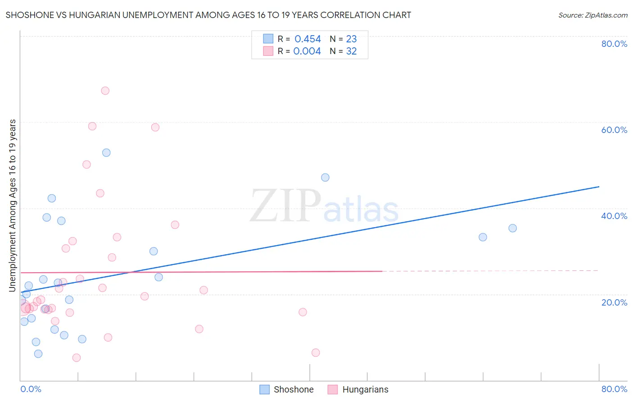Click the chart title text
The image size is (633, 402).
(x=208, y=15)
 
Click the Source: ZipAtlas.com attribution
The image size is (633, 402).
(x=592, y=15)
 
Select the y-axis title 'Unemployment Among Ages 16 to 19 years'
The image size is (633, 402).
(x=13, y=206)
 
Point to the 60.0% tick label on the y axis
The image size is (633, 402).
(x=614, y=130)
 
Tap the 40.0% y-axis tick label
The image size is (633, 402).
(x=614, y=216)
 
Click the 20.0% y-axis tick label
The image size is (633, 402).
(x=614, y=302)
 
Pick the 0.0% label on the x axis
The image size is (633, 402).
(x=31, y=389)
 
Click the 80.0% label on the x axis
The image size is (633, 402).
(x=614, y=389)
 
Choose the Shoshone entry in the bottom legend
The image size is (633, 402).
(x=293, y=389)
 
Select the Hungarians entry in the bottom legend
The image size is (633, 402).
(x=365, y=389)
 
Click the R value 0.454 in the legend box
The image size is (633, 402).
(x=307, y=39)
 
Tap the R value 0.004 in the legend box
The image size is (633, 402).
(x=307, y=51)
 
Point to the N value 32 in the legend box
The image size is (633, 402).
(x=351, y=51)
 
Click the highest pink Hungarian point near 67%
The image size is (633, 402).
(x=105, y=91)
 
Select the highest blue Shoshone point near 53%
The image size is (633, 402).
(x=106, y=153)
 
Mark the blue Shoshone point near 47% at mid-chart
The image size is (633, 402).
(x=325, y=178)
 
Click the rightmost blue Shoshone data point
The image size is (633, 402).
(x=512, y=228)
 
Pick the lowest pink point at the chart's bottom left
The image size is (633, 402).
(x=77, y=358)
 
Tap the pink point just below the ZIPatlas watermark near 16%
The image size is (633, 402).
(x=303, y=312)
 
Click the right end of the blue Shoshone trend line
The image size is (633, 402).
(x=599, y=187)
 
